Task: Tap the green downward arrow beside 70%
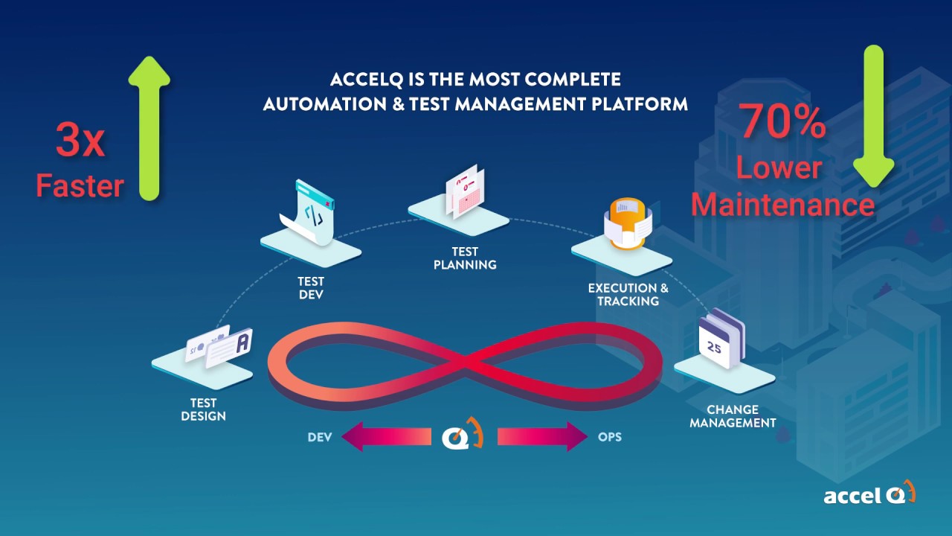point(872,115)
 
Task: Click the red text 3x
point(80,141)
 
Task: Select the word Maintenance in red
point(783,203)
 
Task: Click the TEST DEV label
point(311,287)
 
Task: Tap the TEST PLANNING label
point(465,258)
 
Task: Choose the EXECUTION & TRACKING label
point(628,294)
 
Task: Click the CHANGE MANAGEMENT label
point(733,416)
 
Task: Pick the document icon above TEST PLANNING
point(464,192)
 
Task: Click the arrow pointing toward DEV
point(386,436)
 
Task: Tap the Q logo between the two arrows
point(462,435)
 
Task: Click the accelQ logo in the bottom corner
point(869,494)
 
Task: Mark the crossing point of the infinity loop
point(466,363)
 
